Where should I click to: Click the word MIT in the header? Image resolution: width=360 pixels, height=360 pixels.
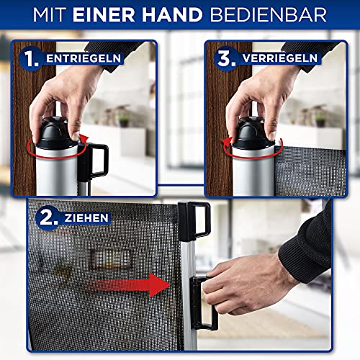49,15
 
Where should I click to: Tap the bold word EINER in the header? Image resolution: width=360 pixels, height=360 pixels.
104,15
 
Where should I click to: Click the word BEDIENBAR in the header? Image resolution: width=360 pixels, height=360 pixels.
268,15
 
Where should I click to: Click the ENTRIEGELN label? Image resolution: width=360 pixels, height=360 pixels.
84,58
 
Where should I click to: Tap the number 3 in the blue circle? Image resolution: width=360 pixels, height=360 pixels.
225,58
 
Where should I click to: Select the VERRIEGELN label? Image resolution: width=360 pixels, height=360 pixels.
280,58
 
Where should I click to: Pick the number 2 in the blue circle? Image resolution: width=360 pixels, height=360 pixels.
48,218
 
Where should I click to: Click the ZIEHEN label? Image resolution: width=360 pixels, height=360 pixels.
86,218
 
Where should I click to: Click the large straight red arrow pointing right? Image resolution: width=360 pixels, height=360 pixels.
130,285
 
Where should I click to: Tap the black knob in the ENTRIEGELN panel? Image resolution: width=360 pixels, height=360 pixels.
56,132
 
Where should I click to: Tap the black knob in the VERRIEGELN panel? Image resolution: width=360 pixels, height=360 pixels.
253,132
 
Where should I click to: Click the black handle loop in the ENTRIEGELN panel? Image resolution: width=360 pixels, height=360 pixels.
107,158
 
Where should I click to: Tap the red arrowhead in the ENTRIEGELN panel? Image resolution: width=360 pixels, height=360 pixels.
84,139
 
